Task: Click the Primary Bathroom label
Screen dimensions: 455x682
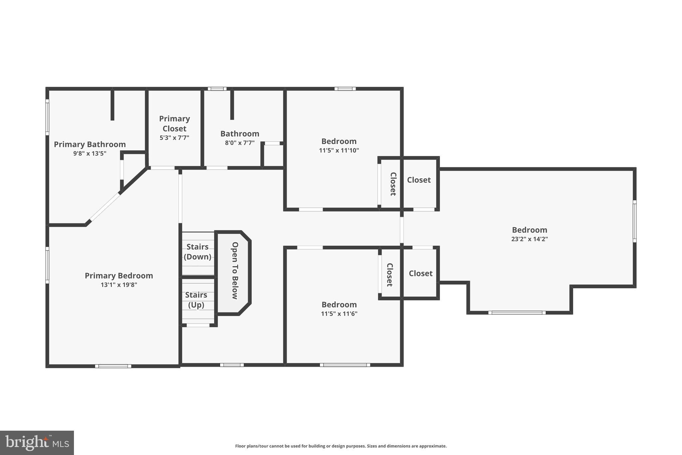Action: [90, 144]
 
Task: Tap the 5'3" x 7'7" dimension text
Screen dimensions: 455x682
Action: [174, 137]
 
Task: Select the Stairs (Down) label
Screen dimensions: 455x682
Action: [197, 252]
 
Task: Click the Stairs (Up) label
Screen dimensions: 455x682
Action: [196, 300]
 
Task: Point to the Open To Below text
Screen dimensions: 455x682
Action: [235, 270]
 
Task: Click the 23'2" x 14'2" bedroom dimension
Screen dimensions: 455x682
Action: [529, 239]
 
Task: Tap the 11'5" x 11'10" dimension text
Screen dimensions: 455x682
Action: [339, 150]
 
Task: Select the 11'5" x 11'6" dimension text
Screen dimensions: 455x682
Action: [339, 314]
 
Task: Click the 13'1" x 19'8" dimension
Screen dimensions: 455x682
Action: [119, 285]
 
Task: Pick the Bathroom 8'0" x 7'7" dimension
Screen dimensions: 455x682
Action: [239, 143]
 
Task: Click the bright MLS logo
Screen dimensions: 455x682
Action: [37, 443]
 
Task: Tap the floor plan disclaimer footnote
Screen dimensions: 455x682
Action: [341, 446]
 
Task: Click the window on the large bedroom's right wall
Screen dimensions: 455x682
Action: [634, 221]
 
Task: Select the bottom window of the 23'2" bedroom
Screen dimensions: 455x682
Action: [517, 313]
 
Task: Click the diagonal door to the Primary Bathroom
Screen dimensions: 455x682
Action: [105, 207]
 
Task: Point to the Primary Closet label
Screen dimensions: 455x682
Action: [174, 123]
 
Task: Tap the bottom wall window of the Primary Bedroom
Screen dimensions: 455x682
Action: [113, 366]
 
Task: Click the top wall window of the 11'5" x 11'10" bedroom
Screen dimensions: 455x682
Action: [345, 89]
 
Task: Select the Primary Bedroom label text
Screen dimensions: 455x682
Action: [119, 276]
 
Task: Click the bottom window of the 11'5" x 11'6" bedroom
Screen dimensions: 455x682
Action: [345, 365]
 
